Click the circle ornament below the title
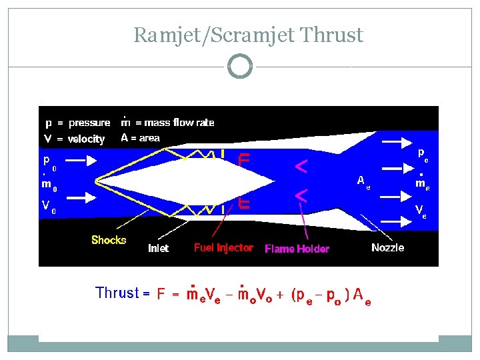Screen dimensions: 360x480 [240, 67]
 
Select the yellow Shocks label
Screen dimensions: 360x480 [109, 240]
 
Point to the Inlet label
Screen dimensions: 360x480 [158, 248]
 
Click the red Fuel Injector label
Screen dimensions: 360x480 [223, 247]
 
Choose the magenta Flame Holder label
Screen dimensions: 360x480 [297, 249]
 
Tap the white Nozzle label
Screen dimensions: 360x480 [387, 247]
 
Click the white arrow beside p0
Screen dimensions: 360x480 [82, 161]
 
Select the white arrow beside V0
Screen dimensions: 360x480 [82, 197]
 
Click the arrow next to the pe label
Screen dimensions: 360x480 [395, 141]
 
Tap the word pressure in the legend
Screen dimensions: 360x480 [89, 123]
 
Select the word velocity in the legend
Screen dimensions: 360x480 [87, 139]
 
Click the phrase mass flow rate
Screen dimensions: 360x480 [175, 123]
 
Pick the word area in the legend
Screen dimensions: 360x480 [150, 138]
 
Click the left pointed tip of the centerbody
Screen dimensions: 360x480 [97, 179]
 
